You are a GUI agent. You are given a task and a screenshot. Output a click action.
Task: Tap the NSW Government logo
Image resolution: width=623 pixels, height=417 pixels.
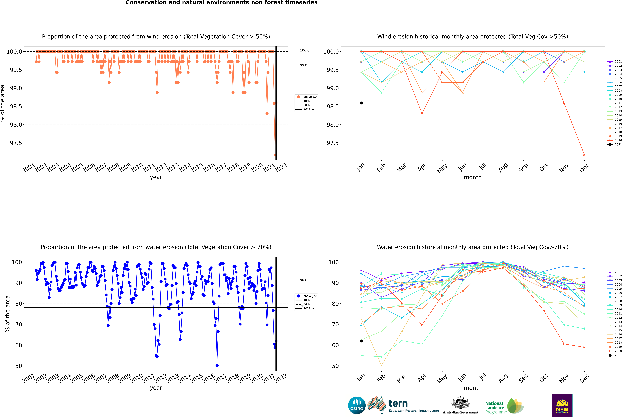[x=562, y=405]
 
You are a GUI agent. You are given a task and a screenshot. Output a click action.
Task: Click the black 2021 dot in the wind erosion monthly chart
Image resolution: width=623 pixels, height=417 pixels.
[x=361, y=103]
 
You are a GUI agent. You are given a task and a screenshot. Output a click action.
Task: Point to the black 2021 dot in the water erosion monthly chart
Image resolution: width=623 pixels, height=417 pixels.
[x=361, y=341]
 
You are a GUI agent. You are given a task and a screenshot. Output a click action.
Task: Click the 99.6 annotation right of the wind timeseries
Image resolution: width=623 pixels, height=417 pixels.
[x=304, y=65]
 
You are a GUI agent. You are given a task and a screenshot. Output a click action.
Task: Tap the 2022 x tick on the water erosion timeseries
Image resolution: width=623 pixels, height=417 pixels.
[x=281, y=378]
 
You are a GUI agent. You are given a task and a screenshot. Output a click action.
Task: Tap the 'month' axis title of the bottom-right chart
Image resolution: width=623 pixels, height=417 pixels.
[x=473, y=388]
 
